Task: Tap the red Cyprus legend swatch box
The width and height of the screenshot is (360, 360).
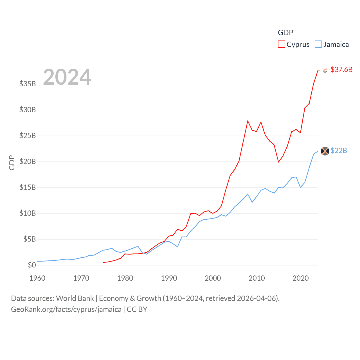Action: (x=281, y=44)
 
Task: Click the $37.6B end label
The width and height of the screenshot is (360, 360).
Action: (x=341, y=69)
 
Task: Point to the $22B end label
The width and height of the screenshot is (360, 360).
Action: (x=339, y=150)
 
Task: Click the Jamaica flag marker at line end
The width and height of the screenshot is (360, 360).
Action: (x=325, y=151)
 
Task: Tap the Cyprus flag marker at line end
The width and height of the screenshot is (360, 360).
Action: (x=325, y=70)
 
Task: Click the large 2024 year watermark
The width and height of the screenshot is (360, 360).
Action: (x=67, y=77)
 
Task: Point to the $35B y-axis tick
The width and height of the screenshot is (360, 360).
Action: (x=28, y=84)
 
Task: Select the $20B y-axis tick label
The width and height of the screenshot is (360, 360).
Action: (x=28, y=161)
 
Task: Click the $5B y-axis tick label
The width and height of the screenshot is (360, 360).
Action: (x=30, y=239)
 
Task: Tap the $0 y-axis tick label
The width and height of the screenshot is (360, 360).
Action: (x=32, y=265)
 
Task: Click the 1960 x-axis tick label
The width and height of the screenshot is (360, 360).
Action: (x=37, y=278)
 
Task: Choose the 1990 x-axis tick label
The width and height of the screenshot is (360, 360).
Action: (x=169, y=278)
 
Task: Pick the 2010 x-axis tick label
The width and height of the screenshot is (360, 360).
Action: (x=257, y=278)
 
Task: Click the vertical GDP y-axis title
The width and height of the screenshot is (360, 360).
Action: (x=12, y=163)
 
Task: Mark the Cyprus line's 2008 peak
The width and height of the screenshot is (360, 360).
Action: (x=248, y=121)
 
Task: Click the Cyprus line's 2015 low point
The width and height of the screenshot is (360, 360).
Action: (x=278, y=162)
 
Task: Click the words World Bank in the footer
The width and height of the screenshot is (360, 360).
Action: (x=75, y=298)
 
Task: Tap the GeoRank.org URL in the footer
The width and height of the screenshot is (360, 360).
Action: (x=66, y=309)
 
